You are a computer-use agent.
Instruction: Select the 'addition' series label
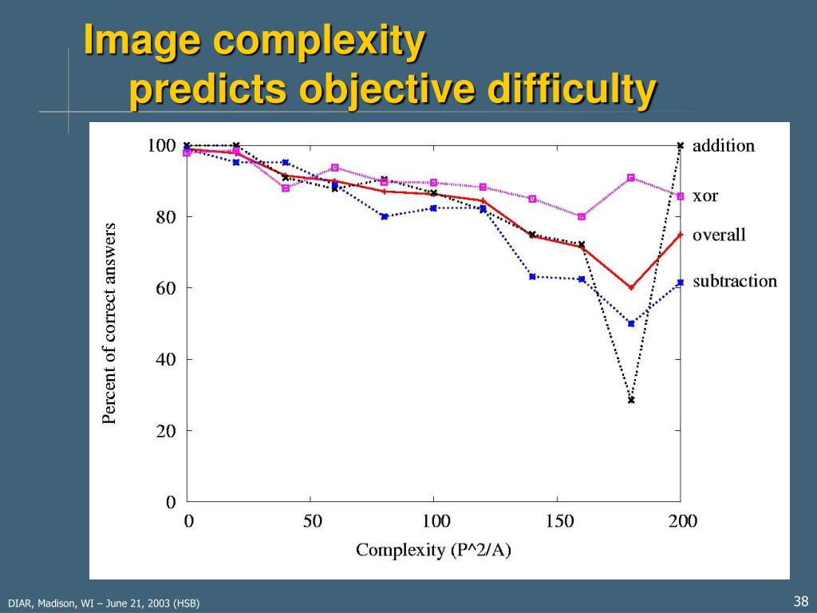tap(723, 146)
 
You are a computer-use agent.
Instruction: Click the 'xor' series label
tap(705, 196)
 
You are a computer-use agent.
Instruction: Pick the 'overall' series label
tap(719, 235)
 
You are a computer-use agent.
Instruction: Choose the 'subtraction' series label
tap(734, 281)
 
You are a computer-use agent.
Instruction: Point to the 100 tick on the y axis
tap(161, 145)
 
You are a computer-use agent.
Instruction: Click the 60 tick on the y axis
tap(165, 287)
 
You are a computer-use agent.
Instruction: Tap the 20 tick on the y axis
tap(165, 430)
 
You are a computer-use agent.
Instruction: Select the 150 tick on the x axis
tap(560, 522)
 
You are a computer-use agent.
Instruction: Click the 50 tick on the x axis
tap(313, 522)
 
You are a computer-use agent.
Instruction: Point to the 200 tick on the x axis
tap(683, 522)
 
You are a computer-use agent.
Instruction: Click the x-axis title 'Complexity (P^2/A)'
tap(433, 550)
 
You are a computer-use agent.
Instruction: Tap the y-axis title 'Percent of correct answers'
tap(109, 322)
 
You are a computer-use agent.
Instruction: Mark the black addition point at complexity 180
tap(631, 400)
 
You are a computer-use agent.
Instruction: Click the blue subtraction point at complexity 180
tap(631, 323)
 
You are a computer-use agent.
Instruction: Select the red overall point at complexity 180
tap(631, 287)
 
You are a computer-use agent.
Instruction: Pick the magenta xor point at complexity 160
tap(582, 216)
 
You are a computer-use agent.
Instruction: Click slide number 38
tap(801, 601)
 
